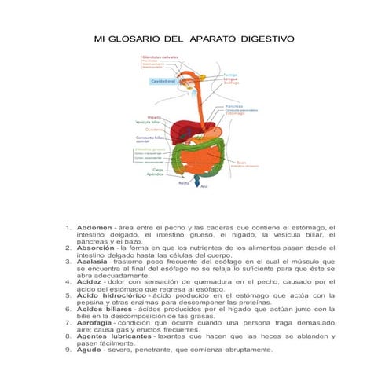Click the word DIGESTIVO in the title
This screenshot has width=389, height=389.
click(267, 37)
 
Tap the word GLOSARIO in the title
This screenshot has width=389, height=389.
click(138, 37)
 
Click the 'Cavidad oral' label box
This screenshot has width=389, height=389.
click(163, 81)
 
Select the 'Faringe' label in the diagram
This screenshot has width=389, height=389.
click(230, 75)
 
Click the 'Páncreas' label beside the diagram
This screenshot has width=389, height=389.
click(233, 105)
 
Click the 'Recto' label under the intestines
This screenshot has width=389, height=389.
click(183, 182)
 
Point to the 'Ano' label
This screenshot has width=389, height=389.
click(204, 187)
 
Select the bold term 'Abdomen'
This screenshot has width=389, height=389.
click(94, 227)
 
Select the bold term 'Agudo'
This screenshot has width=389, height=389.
click(90, 350)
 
